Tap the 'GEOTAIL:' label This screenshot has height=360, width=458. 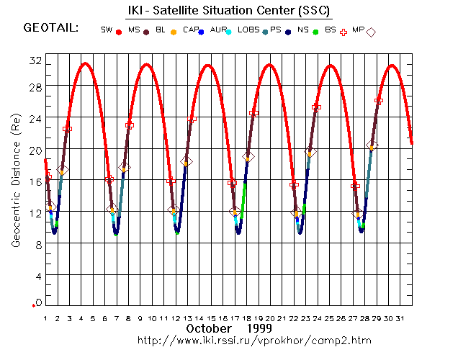click(x=50, y=29)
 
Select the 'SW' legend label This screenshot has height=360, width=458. click(x=107, y=30)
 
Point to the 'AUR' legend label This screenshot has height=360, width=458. click(x=219, y=30)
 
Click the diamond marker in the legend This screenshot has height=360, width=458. click(x=372, y=32)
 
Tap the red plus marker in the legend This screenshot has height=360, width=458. click(x=343, y=32)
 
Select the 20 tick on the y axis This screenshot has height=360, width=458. click(x=34, y=150)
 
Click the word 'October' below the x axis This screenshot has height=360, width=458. click(x=209, y=328)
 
